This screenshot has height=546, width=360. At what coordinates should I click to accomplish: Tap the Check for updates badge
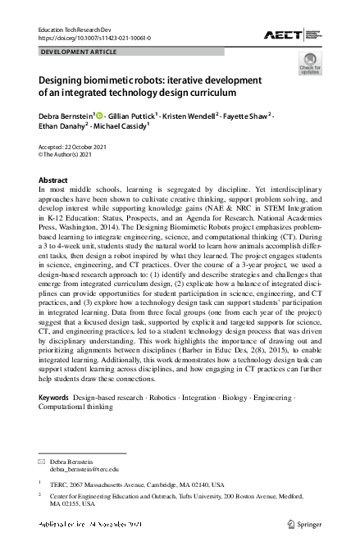coord(310,63)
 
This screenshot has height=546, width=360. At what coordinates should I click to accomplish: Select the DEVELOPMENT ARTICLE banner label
coord(79,52)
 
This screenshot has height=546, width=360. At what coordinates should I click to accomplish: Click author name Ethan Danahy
coord(61,129)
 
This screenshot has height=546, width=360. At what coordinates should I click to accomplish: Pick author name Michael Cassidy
coord(121,129)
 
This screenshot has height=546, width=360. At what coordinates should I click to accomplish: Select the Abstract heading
coord(53,180)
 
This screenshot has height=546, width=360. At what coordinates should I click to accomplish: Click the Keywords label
coord(53,397)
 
